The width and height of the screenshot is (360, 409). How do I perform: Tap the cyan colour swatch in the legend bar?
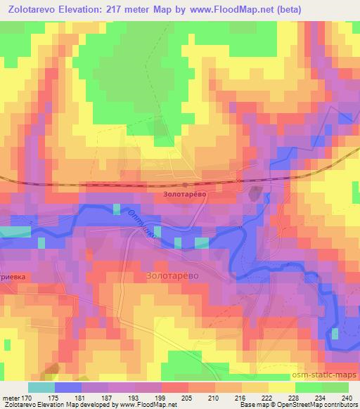click(x=41, y=387)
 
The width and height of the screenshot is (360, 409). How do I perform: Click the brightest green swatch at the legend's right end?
click(x=336, y=387)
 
